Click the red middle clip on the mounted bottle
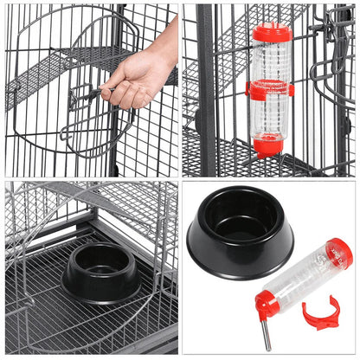(270, 90)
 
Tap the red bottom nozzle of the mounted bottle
(268, 145)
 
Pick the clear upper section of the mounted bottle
(272, 61)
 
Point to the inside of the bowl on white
(240, 215)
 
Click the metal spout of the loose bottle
(266, 332)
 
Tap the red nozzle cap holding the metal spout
(267, 305)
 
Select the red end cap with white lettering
(340, 252)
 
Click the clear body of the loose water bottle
(304, 276)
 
